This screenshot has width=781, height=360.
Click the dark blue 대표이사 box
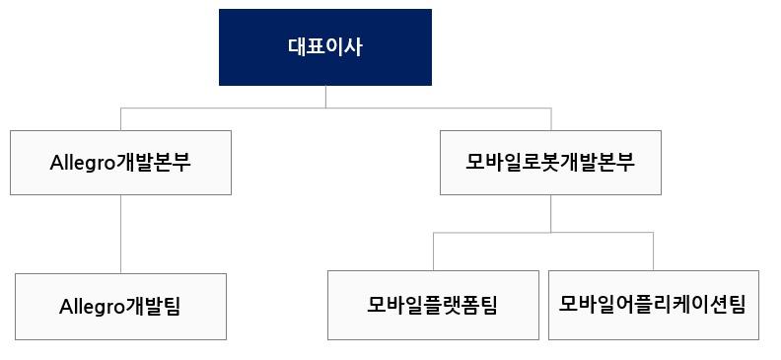(x=324, y=46)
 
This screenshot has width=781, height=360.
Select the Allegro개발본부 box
(x=120, y=162)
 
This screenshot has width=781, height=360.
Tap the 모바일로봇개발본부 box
(x=550, y=162)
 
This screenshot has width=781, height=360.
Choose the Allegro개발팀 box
(x=120, y=306)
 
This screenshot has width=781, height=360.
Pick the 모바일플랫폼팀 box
(x=433, y=305)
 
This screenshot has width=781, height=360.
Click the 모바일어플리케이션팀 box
(x=653, y=305)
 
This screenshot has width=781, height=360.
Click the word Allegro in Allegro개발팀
(x=94, y=306)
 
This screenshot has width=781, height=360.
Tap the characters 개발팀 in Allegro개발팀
(x=154, y=306)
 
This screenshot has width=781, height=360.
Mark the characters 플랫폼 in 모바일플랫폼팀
(x=441, y=305)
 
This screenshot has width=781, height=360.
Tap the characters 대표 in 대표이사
(x=306, y=46)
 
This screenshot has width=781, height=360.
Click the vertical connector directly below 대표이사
(x=325, y=96)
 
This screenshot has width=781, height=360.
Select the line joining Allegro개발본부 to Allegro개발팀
(x=120, y=233)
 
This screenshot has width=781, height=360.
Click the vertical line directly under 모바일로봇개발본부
(x=550, y=213)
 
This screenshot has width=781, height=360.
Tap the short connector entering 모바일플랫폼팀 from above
(x=433, y=251)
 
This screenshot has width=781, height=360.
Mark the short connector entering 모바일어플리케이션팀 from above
(x=653, y=251)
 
